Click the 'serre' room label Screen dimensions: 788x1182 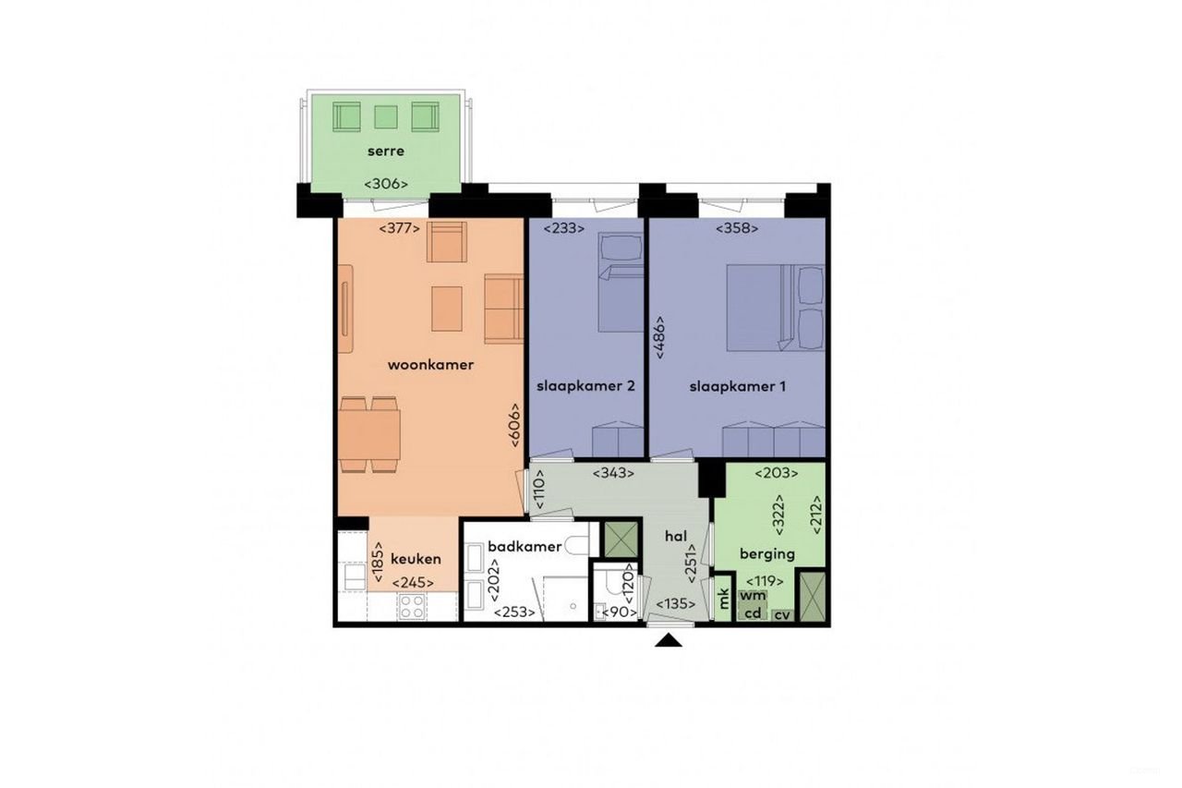tap(385, 151)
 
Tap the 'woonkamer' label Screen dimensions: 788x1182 tap(430, 365)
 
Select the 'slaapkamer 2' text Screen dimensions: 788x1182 tap(585, 387)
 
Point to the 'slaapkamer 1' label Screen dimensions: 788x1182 tap(737, 387)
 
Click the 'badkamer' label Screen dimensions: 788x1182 tap(525, 547)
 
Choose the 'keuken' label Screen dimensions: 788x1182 tap(416, 559)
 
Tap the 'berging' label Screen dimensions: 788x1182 tap(766, 554)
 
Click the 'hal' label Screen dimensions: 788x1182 tap(677, 535)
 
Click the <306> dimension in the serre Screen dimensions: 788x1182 tap(386, 184)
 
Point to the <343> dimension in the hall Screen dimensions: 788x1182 tap(616, 473)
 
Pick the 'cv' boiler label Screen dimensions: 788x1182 tap(782, 615)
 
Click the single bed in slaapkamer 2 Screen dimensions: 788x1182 tap(620, 283)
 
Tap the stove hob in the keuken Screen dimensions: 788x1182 tap(410, 607)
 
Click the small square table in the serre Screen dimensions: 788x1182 tap(385, 117)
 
